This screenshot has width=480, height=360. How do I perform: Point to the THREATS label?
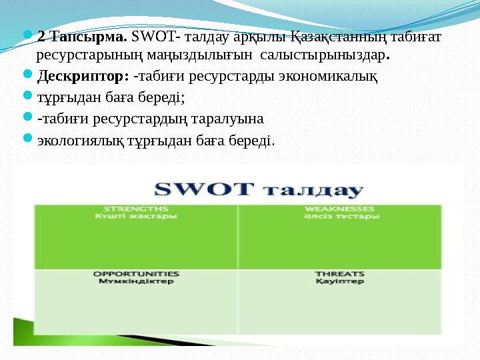point(339,273)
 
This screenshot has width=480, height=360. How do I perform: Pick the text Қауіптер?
point(339,281)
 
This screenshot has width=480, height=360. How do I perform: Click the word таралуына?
point(229,119)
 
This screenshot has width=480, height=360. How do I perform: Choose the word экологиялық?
point(77,141)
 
